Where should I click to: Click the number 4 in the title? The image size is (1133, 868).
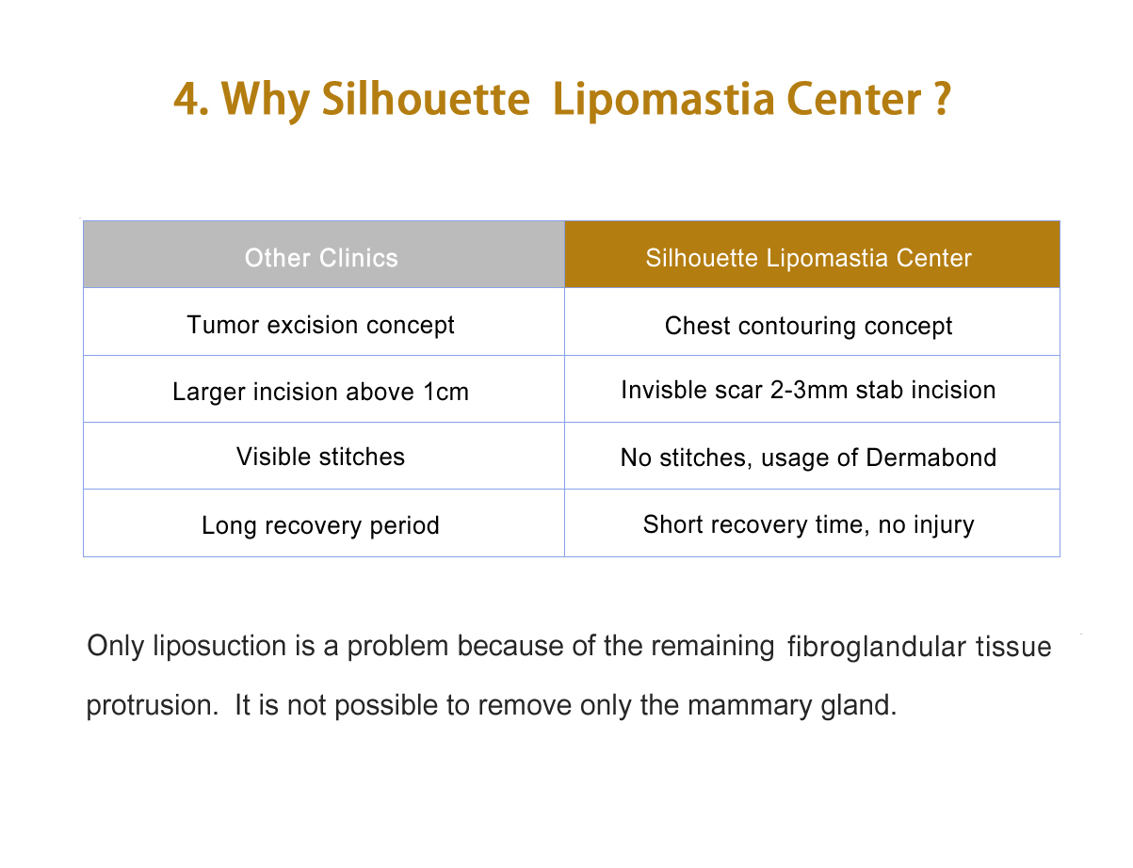[186, 99]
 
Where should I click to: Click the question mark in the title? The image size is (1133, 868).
[943, 99]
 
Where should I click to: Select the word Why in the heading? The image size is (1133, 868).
[266, 102]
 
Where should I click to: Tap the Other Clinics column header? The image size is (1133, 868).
[323, 254]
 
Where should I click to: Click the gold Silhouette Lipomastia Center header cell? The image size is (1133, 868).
[812, 254]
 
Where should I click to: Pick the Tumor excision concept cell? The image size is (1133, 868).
[323, 322]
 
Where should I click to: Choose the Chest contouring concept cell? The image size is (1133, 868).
[812, 322]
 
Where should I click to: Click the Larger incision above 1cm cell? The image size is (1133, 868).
[323, 389]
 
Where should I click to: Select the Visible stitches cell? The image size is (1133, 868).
[323, 456]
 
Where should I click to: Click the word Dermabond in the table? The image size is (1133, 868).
[931, 458]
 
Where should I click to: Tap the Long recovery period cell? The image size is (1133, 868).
[323, 523]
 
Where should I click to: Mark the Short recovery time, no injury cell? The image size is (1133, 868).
[812, 523]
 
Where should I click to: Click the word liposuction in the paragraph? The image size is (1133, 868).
[219, 647]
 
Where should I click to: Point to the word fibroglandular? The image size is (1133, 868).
[877, 648]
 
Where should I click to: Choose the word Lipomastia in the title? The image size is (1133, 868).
[663, 102]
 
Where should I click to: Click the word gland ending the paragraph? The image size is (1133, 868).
[858, 706]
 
